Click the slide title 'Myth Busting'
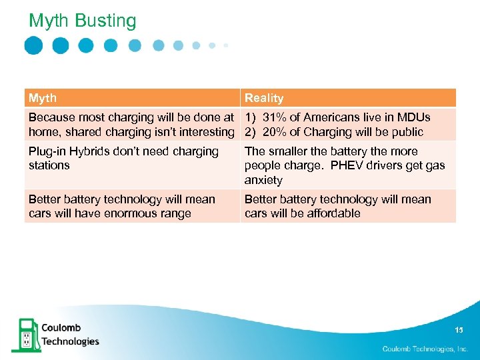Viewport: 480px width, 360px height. (82, 21)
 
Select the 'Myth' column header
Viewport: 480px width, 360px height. (43, 98)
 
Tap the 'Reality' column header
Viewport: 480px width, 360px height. (264, 98)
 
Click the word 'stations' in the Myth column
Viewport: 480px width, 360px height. (49, 165)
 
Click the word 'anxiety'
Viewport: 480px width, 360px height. (263, 180)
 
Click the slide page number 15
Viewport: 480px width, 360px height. (458, 330)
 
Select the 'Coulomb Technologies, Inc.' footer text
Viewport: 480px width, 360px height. (425, 349)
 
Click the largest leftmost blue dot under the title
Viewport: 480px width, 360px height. (33, 45)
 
